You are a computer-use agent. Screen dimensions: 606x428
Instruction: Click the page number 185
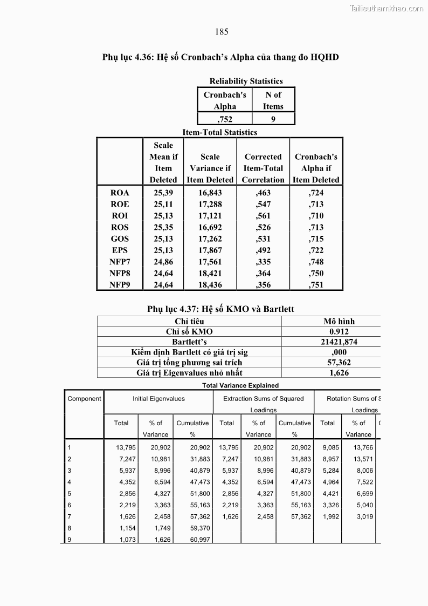click(x=222, y=32)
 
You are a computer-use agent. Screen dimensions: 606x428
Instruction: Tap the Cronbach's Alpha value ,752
click(x=225, y=119)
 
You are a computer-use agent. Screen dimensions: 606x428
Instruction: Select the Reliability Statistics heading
click(x=246, y=81)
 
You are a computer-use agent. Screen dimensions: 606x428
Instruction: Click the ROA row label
click(x=120, y=193)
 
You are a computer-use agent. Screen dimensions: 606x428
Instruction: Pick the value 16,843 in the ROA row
click(x=210, y=193)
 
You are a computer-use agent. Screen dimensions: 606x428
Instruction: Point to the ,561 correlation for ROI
click(x=263, y=216)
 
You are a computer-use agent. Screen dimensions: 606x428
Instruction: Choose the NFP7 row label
click(x=120, y=262)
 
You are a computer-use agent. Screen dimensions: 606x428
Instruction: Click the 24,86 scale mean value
click(x=163, y=262)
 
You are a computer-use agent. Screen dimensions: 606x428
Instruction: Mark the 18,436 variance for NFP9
click(x=210, y=285)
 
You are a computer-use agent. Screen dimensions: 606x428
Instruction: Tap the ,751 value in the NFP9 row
click(x=316, y=285)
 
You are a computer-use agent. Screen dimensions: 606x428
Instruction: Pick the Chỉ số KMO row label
click(x=189, y=332)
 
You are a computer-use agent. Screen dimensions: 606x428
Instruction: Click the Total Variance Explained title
click(x=240, y=385)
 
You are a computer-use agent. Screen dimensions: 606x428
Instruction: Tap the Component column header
click(x=84, y=399)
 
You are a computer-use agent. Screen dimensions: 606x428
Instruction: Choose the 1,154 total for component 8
click(x=126, y=528)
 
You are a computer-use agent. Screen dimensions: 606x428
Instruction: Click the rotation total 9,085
click(x=330, y=447)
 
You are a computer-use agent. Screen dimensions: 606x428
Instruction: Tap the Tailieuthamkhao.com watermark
click(x=386, y=8)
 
